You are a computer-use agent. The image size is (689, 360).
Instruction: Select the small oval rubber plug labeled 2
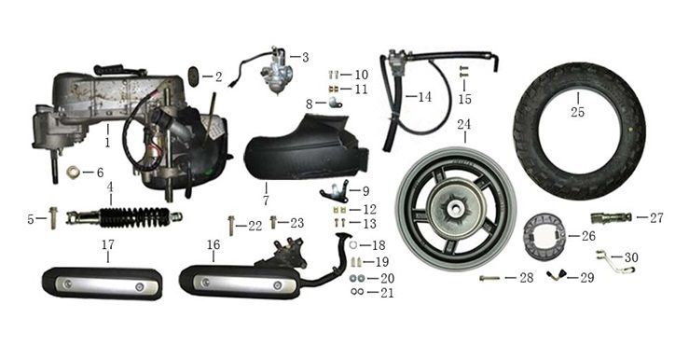point(194,76)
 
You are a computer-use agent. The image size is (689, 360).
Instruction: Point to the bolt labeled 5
point(53,217)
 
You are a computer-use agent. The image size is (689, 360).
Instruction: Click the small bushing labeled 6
point(73,172)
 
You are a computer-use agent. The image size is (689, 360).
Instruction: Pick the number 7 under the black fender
point(266,200)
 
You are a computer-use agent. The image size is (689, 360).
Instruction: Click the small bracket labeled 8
point(336,104)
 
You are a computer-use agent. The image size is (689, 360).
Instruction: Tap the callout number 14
point(424,97)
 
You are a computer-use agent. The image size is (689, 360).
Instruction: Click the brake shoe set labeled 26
point(544,236)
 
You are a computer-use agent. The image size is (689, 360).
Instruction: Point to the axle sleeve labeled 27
point(612,217)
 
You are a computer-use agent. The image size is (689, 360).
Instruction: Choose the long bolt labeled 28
point(489,278)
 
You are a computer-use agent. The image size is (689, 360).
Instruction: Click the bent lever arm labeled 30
point(614,261)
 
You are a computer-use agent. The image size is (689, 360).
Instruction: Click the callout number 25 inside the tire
point(577,112)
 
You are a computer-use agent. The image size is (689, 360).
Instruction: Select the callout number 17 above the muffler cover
point(108,244)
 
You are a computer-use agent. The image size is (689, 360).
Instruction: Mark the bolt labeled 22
point(231,225)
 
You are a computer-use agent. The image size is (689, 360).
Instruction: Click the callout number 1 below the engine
point(107,142)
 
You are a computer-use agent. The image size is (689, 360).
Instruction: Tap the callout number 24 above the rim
point(463,124)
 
